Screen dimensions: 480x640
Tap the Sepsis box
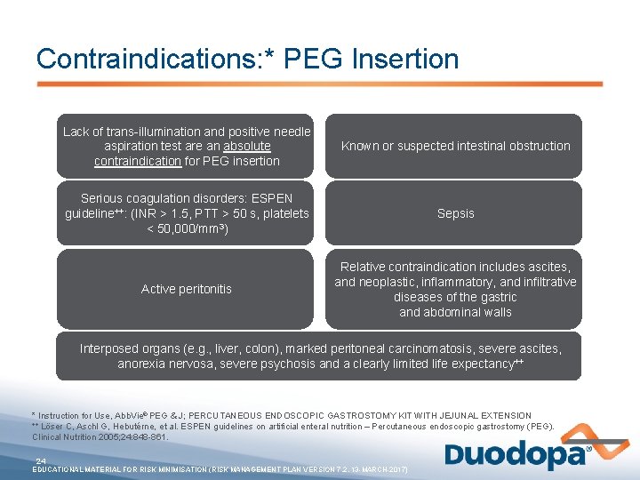455,213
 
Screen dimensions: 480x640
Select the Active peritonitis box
187,289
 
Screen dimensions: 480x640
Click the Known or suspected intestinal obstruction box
455,146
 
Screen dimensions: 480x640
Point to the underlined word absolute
247,146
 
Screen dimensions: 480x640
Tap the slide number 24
41,460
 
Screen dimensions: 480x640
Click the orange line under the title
320,84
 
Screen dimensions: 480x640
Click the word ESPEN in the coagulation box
273,198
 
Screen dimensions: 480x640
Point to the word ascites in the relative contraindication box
550,267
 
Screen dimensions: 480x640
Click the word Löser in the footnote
54,427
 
